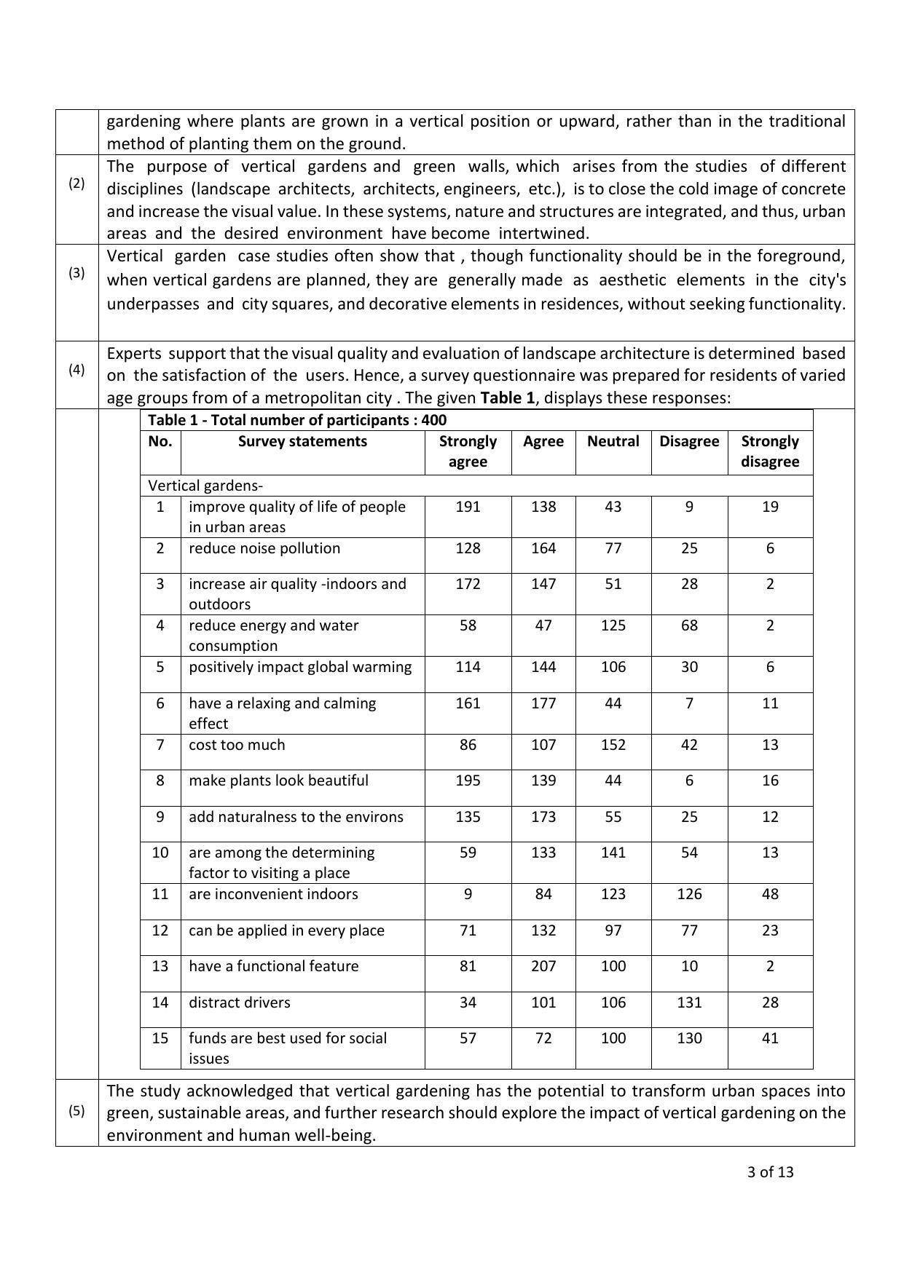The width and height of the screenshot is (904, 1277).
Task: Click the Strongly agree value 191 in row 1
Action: coord(468,507)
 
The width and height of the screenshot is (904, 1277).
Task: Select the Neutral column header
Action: coord(613,441)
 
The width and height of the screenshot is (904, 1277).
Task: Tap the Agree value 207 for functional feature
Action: coord(543,966)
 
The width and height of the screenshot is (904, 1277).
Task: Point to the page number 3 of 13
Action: coord(770,1172)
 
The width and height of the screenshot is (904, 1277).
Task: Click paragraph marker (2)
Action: coord(76,183)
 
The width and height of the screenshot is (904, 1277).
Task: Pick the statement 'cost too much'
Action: coord(237,745)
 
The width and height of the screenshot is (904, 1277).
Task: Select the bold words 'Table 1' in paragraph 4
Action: coord(507,398)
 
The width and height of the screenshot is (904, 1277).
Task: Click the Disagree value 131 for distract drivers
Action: coord(689,1003)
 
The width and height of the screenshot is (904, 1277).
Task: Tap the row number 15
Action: coord(160,1038)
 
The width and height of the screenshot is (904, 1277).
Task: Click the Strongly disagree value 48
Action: coord(770,894)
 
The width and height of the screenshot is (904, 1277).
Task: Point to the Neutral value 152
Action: coord(613,745)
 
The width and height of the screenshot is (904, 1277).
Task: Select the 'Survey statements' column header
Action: coord(302,441)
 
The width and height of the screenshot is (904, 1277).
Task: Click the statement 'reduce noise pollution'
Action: coord(264,548)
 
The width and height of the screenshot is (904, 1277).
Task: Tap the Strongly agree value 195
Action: coord(468,780)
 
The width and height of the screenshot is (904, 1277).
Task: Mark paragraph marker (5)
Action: coord(76,1111)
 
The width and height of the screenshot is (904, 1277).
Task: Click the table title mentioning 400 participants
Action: coord(297,420)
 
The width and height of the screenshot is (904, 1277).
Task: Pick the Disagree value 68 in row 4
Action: coord(689,625)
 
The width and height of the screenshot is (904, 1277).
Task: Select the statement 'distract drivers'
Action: coord(239,1003)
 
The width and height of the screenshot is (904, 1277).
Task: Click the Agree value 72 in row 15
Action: coord(543,1038)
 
